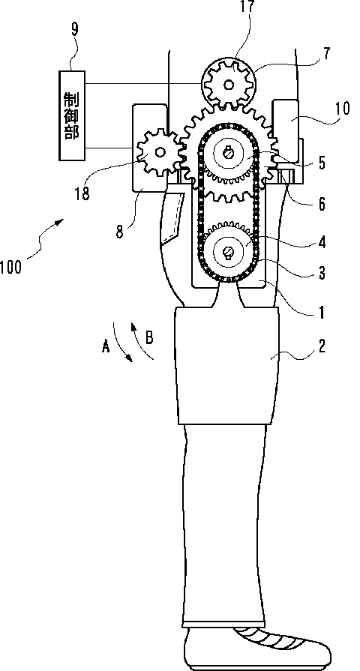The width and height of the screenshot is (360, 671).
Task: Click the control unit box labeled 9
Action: pyautogui.click(x=71, y=115)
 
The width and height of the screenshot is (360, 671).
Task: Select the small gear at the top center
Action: pyautogui.click(x=229, y=85)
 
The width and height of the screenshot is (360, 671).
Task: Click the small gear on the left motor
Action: pyautogui.click(x=160, y=151)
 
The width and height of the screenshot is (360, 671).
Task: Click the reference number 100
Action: pyautogui.click(x=10, y=268)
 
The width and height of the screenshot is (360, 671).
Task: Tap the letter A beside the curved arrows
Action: pyautogui.click(x=106, y=346)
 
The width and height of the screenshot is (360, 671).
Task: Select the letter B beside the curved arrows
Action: pyautogui.click(x=149, y=337)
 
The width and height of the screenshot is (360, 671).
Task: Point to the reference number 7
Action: pyautogui.click(x=328, y=56)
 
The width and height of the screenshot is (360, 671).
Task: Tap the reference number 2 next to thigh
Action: pyautogui.click(x=321, y=346)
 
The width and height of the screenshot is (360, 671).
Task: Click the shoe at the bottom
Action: pyautogui.click(x=256, y=649)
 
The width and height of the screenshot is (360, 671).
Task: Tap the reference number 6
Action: pyautogui.click(x=321, y=204)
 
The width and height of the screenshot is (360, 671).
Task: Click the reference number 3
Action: pyautogui.click(x=321, y=273)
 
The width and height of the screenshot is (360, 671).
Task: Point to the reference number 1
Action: pyautogui.click(x=321, y=313)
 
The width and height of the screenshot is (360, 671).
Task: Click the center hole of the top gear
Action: pyautogui.click(x=229, y=85)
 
